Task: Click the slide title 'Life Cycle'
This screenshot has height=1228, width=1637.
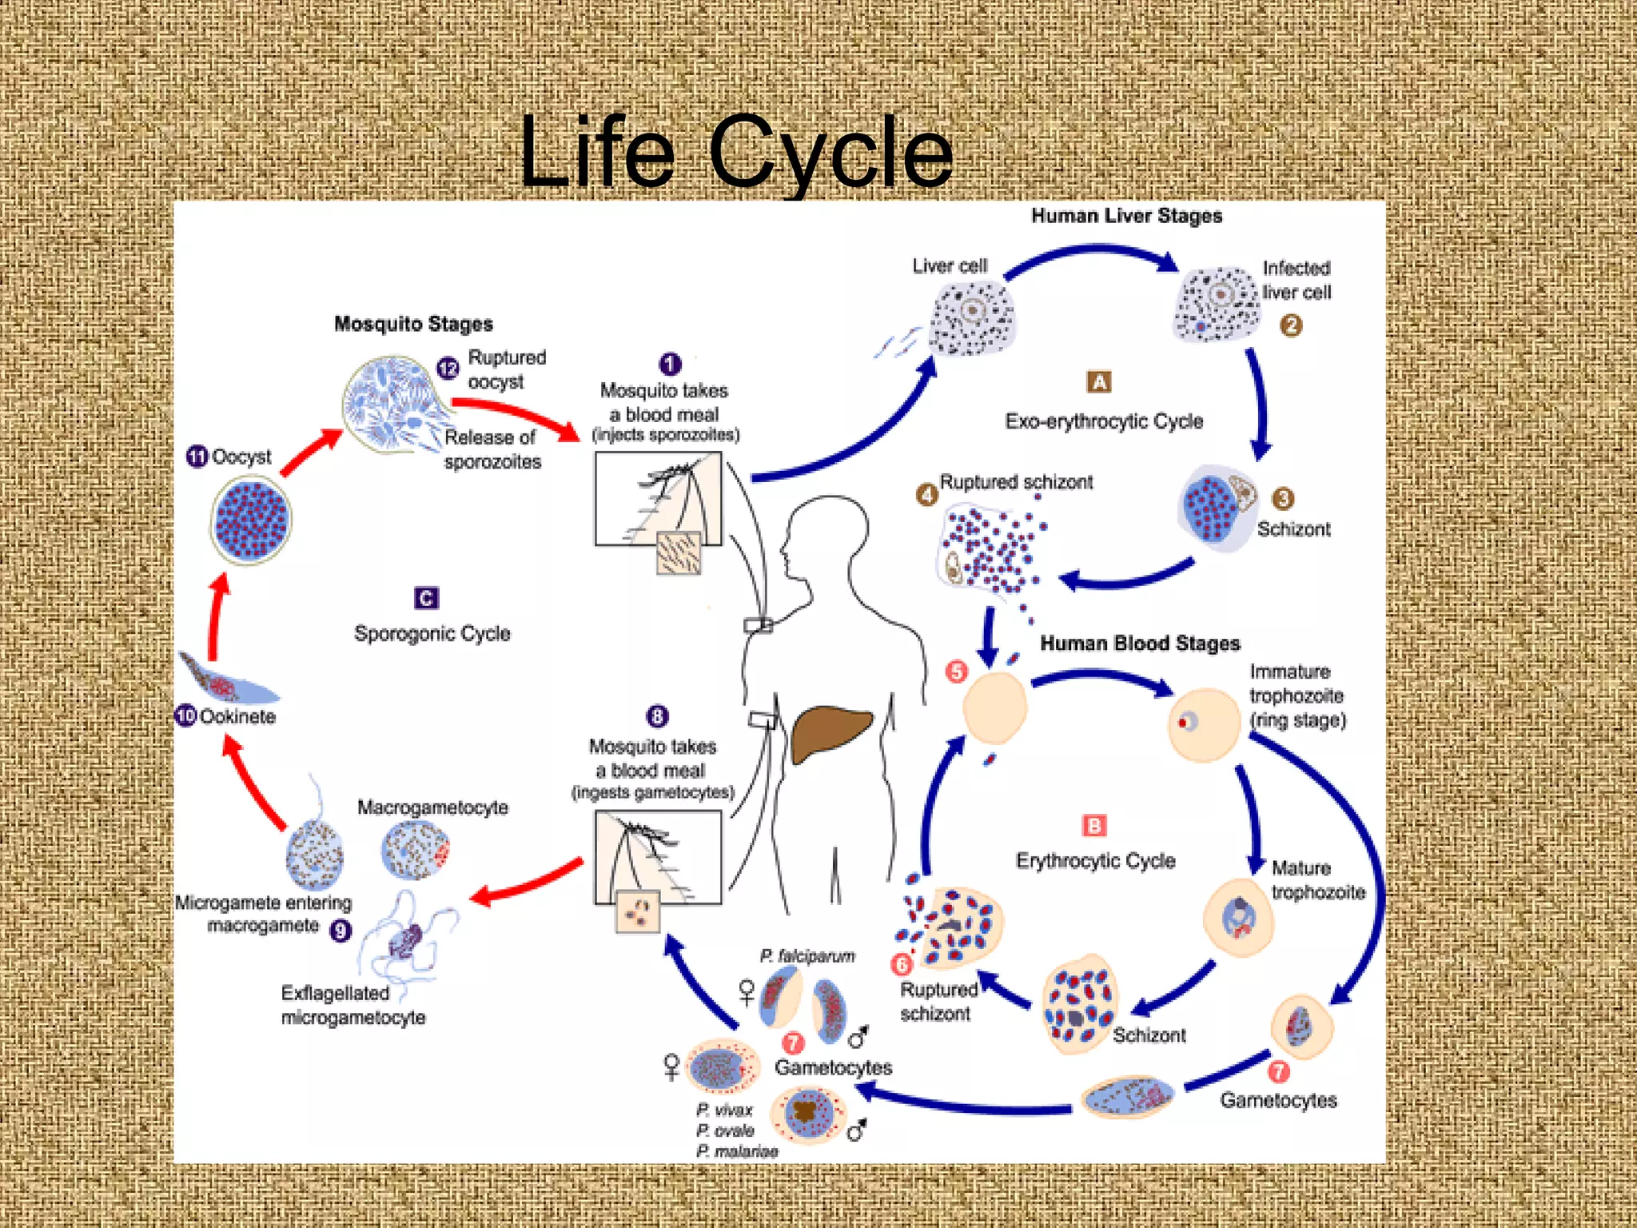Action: click(x=735, y=152)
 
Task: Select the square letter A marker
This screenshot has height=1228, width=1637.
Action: click(x=1099, y=382)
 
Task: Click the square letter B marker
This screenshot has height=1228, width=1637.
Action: click(x=1093, y=825)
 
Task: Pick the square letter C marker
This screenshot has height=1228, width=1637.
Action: click(x=426, y=598)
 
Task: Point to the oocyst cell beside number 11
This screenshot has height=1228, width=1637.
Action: click(x=251, y=520)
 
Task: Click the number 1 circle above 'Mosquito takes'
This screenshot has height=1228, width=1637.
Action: click(x=670, y=365)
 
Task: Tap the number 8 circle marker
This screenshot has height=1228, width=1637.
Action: click(x=657, y=716)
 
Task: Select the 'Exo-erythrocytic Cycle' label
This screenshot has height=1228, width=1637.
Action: click(x=1104, y=421)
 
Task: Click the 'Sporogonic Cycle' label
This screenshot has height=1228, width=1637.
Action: click(x=432, y=633)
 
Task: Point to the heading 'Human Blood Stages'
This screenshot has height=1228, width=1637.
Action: click(x=1140, y=644)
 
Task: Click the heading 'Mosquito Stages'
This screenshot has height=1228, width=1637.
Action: click(x=413, y=324)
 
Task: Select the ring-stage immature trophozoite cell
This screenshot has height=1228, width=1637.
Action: click(x=1203, y=724)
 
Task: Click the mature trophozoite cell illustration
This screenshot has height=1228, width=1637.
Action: click(x=1238, y=918)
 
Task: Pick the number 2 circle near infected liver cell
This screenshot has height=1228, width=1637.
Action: click(x=1291, y=325)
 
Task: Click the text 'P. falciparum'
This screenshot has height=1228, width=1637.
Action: click(x=807, y=956)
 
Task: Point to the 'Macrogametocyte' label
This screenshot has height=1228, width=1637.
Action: click(x=432, y=807)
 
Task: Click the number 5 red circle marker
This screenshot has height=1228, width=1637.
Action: click(x=956, y=672)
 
